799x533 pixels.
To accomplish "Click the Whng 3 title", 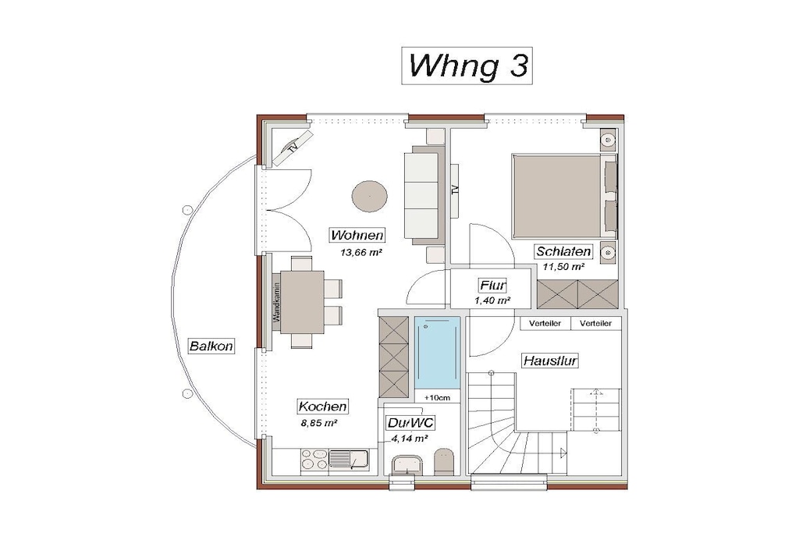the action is [x=467, y=66].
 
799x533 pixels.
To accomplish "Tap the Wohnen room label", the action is [x=357, y=235].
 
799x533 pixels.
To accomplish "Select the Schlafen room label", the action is [x=563, y=251].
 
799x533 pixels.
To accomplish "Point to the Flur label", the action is [x=493, y=285].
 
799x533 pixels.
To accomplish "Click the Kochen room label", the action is [x=322, y=406].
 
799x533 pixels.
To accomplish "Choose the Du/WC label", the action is [x=410, y=422].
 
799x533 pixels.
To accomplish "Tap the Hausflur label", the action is [x=550, y=361].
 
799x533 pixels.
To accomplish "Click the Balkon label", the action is [x=211, y=346].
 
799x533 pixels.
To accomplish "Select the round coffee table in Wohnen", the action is [x=369, y=196].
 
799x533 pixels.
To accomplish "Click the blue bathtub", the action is [x=437, y=353].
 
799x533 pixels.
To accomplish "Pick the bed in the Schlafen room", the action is [x=565, y=196].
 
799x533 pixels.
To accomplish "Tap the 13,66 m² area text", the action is [x=361, y=252].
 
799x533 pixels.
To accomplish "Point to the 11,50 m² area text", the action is [x=563, y=267].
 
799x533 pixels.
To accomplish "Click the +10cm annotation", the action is [x=437, y=397].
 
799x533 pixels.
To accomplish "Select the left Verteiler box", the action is [x=545, y=324].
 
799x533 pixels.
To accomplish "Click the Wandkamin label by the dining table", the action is [x=277, y=302].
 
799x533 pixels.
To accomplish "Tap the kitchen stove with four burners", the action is [x=314, y=459].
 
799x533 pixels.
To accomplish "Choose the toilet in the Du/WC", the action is [x=444, y=462].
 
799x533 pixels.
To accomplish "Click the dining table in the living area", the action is [x=302, y=302].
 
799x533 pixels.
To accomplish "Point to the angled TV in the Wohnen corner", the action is [x=293, y=148].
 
